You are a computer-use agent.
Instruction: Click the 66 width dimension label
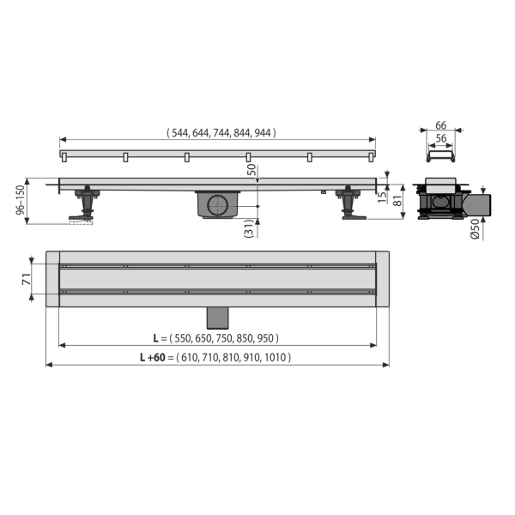(x=441, y=125)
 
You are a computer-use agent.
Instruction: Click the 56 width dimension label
(x=441, y=138)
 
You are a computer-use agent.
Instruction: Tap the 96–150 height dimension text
(x=21, y=200)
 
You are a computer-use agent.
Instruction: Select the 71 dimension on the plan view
(x=27, y=279)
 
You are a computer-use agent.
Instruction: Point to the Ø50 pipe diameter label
(x=475, y=229)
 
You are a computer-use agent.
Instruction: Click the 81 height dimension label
(x=397, y=200)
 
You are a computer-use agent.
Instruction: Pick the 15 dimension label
(x=382, y=197)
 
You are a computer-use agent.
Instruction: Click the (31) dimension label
(x=249, y=228)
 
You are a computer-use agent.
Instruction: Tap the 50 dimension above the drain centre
(x=251, y=170)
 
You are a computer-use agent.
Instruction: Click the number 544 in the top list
(x=180, y=133)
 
